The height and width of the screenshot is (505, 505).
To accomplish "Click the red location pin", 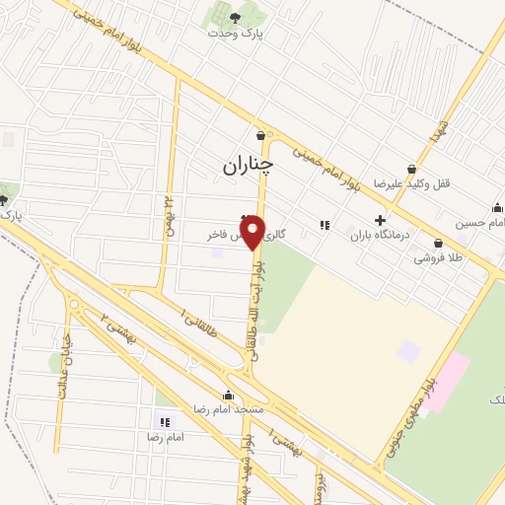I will [x=252, y=233].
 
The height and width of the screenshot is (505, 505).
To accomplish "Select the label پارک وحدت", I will [x=236, y=32].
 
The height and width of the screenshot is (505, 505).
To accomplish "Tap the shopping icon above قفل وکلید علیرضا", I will [x=410, y=169].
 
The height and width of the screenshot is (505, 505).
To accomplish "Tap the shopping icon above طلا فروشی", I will [x=437, y=242].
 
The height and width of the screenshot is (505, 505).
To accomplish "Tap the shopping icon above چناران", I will [x=259, y=136].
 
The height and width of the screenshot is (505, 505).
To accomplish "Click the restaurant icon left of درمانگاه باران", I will [x=324, y=226].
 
